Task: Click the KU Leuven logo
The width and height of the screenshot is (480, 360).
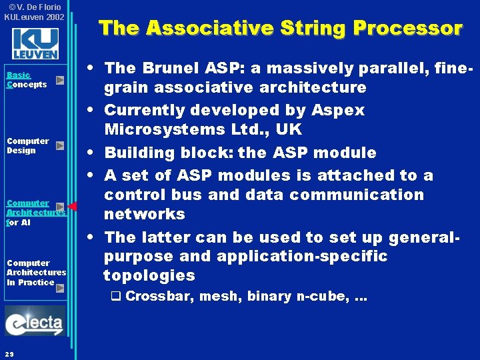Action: pyautogui.click(x=35, y=44)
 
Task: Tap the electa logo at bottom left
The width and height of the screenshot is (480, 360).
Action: pyautogui.click(x=35, y=321)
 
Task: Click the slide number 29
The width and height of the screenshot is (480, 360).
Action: pyautogui.click(x=9, y=353)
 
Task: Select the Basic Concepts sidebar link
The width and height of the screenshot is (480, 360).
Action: pyautogui.click(x=27, y=80)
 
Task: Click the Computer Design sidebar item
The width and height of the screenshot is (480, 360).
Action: pyautogui.click(x=28, y=145)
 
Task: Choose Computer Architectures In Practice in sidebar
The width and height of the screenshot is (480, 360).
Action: pyautogui.click(x=36, y=272)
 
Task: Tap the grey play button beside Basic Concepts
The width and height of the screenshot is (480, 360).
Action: pyautogui.click(x=60, y=80)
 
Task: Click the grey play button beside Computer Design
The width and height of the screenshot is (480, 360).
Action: pyautogui.click(x=60, y=145)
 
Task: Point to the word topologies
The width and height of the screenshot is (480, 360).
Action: pyautogui.click(x=149, y=275)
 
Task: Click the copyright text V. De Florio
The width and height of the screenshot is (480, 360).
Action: pyautogui.click(x=37, y=7)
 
